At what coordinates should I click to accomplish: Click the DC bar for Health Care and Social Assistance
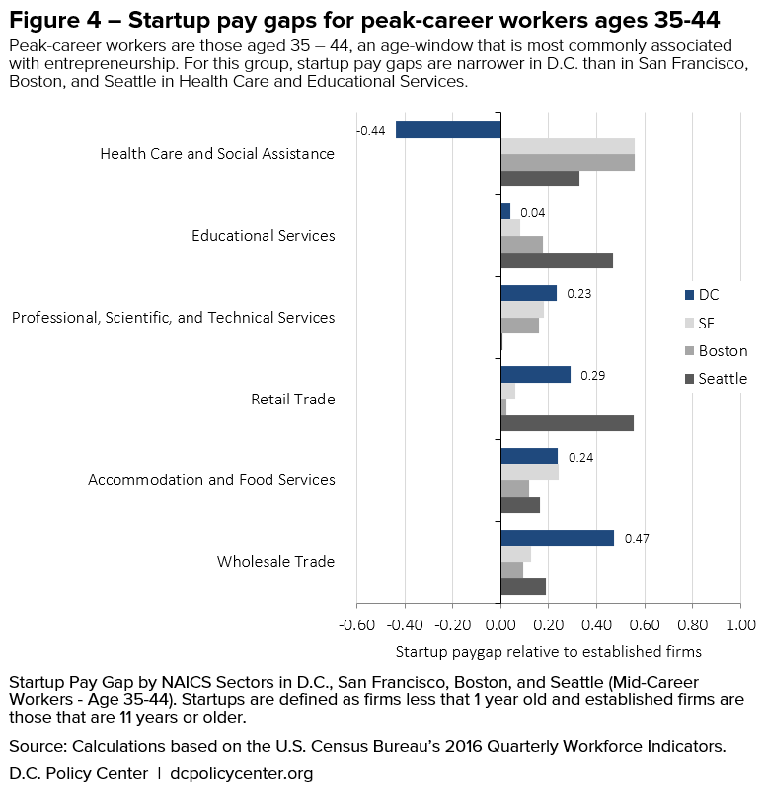point(448,129)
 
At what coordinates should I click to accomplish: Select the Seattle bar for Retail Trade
point(567,423)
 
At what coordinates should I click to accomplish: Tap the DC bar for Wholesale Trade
point(557,538)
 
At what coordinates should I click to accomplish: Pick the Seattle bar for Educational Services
point(556,260)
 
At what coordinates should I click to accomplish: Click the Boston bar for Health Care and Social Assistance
point(567,163)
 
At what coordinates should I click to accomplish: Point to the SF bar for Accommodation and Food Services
point(529,473)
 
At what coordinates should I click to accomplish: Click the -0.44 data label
point(371,130)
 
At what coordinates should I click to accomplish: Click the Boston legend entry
point(722,351)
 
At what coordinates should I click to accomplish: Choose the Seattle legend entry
point(722,379)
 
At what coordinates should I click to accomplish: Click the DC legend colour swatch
point(688,295)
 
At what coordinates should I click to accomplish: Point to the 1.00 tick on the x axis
point(740,624)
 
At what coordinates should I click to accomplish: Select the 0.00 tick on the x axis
point(500,624)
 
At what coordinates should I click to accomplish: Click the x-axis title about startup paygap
point(548,651)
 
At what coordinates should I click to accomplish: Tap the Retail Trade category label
point(293,400)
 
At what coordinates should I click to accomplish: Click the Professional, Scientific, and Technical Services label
point(173,318)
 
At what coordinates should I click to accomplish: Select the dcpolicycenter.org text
point(241,774)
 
